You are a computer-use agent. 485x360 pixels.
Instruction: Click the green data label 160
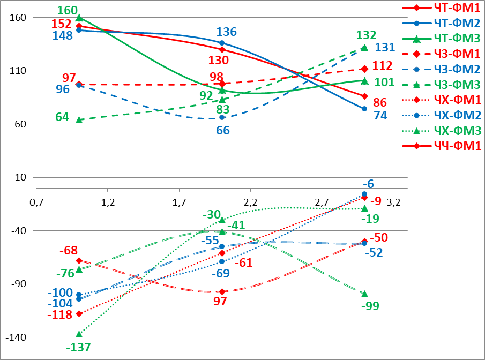coord(67,10)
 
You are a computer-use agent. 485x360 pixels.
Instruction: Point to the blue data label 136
coord(226,32)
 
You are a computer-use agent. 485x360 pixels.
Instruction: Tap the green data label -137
coord(78,348)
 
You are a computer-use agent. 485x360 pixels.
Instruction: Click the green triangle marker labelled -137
coord(79,334)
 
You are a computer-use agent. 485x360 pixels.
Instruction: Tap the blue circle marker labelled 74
coord(364,109)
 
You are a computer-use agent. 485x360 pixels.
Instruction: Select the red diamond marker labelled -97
coord(222,292)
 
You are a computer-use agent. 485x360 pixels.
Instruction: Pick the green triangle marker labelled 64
coord(79,120)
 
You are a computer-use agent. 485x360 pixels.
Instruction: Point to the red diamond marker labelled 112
coord(364,69)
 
